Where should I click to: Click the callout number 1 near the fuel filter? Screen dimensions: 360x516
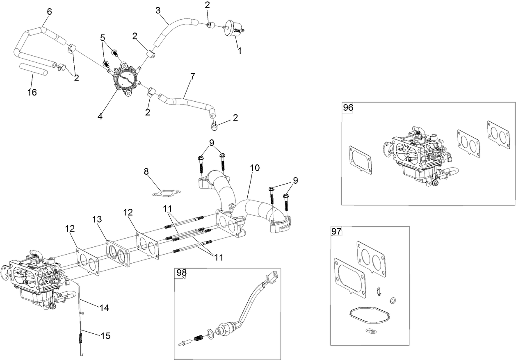(240, 51)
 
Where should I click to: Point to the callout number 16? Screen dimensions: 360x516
(32, 92)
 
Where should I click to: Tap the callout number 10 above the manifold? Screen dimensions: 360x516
(254, 168)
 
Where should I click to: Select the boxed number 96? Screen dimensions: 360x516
(348, 108)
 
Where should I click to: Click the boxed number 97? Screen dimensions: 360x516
(336, 232)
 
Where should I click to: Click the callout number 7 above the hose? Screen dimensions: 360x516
(192, 76)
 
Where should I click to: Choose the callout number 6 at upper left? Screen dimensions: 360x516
(49, 11)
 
